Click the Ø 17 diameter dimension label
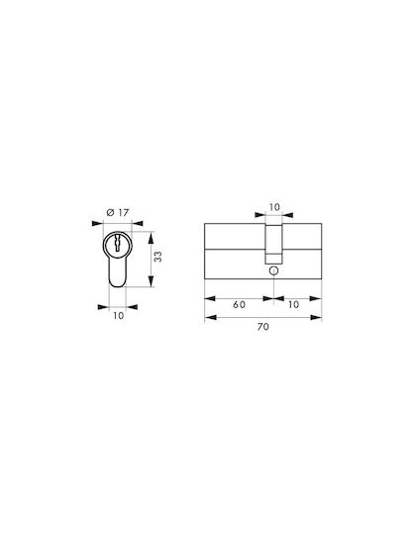point(118,213)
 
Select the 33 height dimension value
point(157,257)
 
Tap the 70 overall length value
point(262,327)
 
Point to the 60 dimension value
point(239,304)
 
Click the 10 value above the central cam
point(274,207)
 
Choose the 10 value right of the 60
point(293,304)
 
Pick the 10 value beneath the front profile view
point(118,316)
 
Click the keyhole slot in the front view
point(118,243)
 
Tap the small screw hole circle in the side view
point(273,270)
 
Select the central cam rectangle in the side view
point(273,244)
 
